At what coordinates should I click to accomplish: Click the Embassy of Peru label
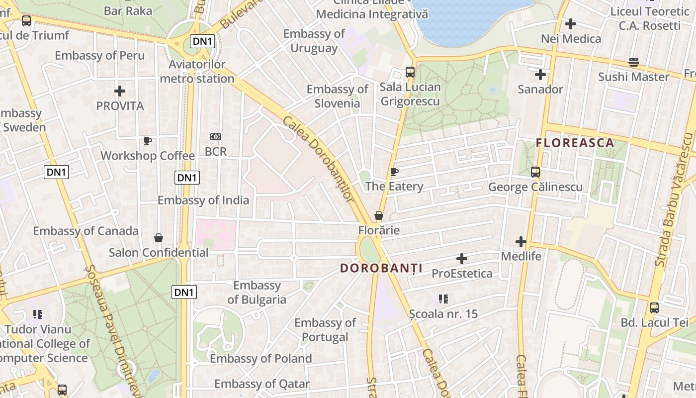point(99,55)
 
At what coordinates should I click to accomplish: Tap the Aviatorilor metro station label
point(197,72)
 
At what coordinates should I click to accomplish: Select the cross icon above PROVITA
point(120,91)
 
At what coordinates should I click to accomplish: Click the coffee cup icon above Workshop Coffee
point(148,141)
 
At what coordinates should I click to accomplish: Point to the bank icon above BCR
point(216,137)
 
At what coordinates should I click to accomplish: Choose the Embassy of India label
point(203,200)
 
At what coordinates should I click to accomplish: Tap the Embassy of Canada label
point(86,231)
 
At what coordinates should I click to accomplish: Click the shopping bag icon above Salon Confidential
point(159,238)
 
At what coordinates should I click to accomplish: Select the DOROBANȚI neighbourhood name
point(381,268)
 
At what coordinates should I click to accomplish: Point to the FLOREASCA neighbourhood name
point(575,143)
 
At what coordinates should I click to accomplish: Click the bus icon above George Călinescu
point(535,172)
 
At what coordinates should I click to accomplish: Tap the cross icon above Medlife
point(521,242)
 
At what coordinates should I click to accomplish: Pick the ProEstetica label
point(462,273)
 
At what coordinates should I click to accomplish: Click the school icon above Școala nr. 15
point(443,299)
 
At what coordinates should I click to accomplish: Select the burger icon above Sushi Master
point(633,62)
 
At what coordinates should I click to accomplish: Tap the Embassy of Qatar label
point(261,384)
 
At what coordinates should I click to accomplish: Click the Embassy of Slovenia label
point(337,96)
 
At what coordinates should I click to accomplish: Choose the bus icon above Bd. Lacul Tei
point(654,308)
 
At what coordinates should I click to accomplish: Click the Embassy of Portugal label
point(325,330)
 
